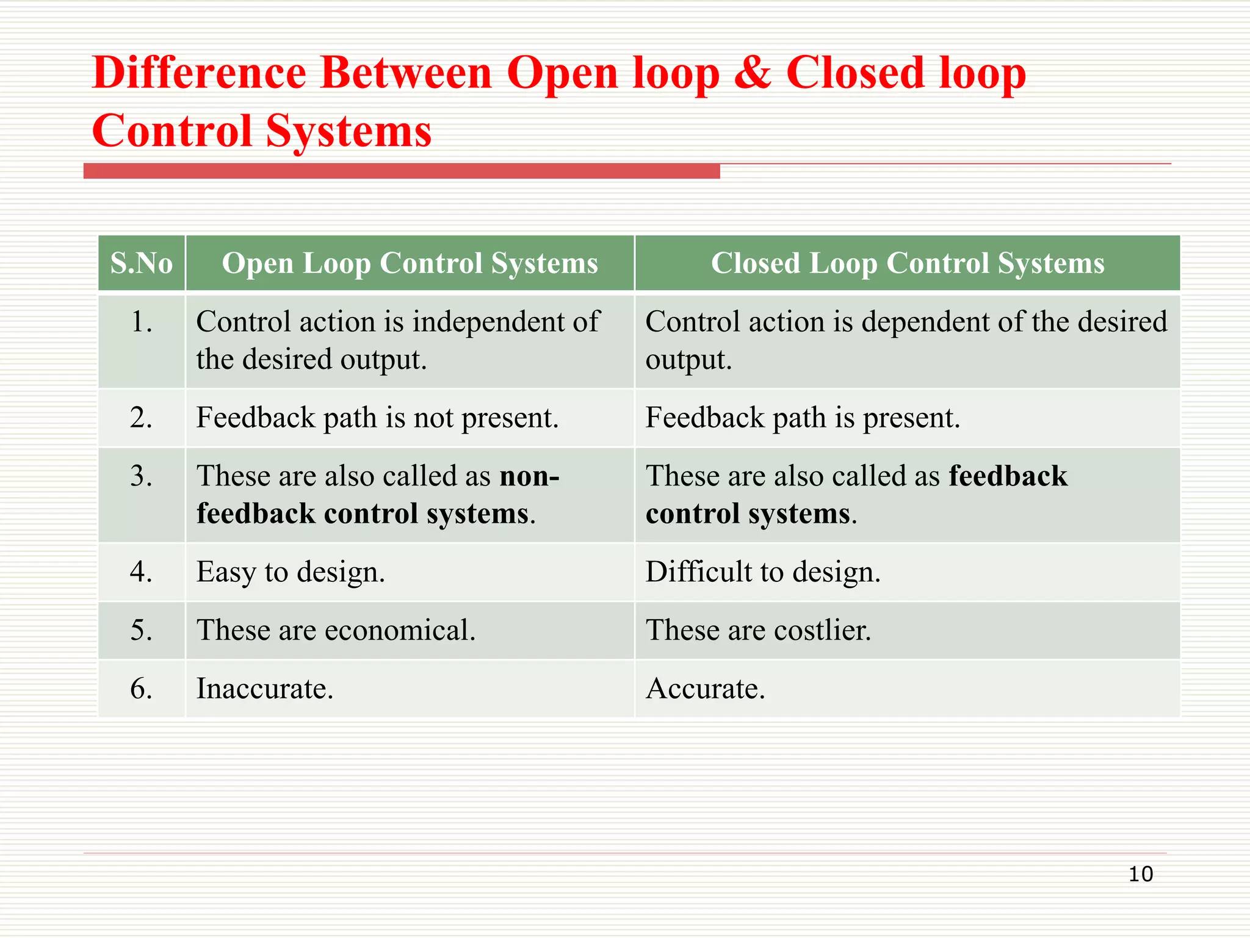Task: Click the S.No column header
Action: pyautogui.click(x=142, y=263)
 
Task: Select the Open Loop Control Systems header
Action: pyautogui.click(x=410, y=263)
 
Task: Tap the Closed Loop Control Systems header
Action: pyautogui.click(x=908, y=263)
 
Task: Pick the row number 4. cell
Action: pyautogui.click(x=142, y=572)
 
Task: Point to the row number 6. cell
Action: pyautogui.click(x=142, y=689)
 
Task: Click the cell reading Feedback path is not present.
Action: pyautogui.click(x=377, y=418)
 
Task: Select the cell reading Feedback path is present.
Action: pyautogui.click(x=803, y=418)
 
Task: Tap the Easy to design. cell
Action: pyautogui.click(x=291, y=572)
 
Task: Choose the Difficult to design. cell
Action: pyautogui.click(x=763, y=572)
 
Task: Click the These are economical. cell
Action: pyautogui.click(x=336, y=630)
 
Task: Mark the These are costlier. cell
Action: pyautogui.click(x=758, y=630)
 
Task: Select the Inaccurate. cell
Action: pyautogui.click(x=265, y=689)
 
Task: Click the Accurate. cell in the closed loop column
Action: pyautogui.click(x=705, y=689)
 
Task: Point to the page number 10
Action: pyautogui.click(x=1140, y=874)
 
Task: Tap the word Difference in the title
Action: pyautogui.click(x=200, y=73)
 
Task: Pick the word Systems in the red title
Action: pyautogui.click(x=349, y=131)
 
